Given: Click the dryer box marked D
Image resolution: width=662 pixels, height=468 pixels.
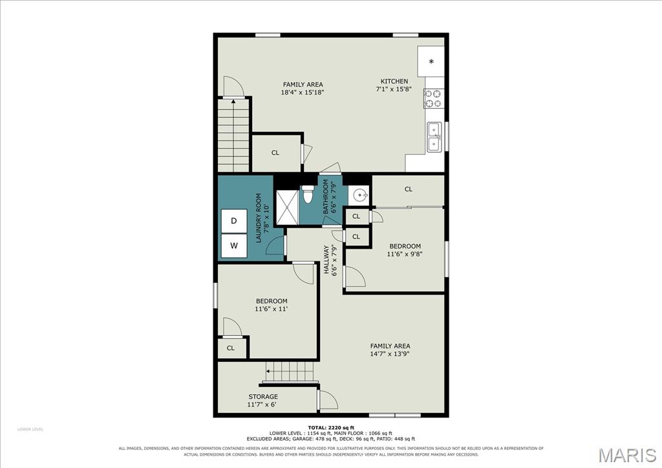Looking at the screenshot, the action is [234, 221].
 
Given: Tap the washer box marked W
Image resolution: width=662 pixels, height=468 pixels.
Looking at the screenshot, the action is [234, 245].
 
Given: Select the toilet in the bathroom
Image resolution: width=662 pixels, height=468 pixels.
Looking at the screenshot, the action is [307, 194].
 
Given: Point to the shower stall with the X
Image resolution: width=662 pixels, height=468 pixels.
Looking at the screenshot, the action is [286, 206].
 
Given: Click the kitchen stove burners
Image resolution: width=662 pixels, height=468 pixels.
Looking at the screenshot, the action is [434, 98].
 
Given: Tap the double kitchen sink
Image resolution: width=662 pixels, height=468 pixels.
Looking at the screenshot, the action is [434, 137].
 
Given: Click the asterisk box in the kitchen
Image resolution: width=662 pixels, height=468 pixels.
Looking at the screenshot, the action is [431, 61].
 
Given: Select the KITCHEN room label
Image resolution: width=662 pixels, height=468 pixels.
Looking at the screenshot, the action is [394, 81].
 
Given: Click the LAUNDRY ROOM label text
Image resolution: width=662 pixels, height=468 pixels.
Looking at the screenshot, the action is [259, 217].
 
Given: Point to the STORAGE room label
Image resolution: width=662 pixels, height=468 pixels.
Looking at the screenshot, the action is [263, 397].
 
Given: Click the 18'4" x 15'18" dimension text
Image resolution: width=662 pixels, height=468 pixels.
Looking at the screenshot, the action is [303, 92].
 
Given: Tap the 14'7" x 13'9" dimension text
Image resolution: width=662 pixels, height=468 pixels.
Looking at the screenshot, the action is [390, 354].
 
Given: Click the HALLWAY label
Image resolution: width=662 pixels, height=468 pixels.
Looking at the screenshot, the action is [326, 260].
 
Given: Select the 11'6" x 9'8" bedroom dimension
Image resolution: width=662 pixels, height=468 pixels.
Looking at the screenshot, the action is [405, 254].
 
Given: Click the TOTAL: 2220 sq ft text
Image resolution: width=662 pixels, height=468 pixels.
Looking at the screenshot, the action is [330, 427].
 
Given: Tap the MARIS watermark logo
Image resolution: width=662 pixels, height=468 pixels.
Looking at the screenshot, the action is [627, 455].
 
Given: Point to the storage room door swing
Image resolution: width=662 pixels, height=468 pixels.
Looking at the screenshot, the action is [328, 399].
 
